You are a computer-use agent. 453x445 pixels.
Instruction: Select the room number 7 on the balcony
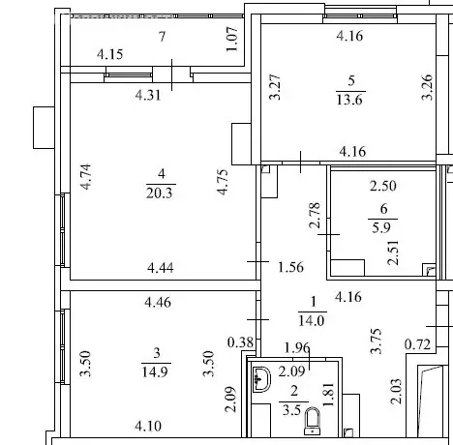(x=162, y=36)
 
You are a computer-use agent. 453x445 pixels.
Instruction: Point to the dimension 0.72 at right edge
(x=417, y=343)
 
